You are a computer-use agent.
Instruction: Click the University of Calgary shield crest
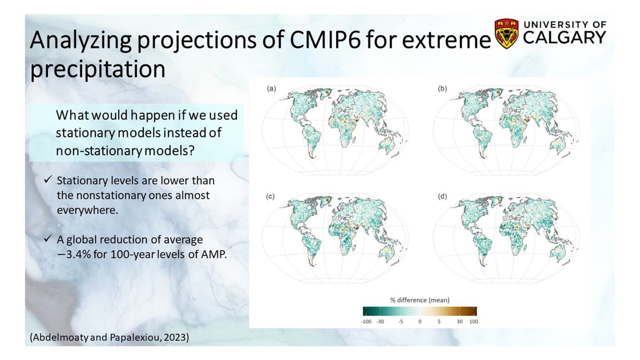(x=506, y=33)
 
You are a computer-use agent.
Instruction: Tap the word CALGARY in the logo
(x=564, y=38)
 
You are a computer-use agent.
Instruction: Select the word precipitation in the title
(x=98, y=69)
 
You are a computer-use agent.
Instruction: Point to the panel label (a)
(x=271, y=88)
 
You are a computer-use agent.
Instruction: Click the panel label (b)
(x=442, y=88)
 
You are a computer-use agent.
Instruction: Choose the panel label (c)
(x=270, y=196)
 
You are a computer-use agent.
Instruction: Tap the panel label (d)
(x=442, y=196)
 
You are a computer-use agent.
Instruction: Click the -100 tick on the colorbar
(x=365, y=322)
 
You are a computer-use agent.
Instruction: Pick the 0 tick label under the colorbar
(x=420, y=322)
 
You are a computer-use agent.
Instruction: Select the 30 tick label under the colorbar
(x=460, y=322)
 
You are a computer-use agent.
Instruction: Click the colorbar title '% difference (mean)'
(x=420, y=300)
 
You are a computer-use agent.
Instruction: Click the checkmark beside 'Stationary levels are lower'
(x=48, y=180)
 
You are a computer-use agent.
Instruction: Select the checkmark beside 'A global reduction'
(x=48, y=239)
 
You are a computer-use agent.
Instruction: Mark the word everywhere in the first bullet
(x=87, y=210)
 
